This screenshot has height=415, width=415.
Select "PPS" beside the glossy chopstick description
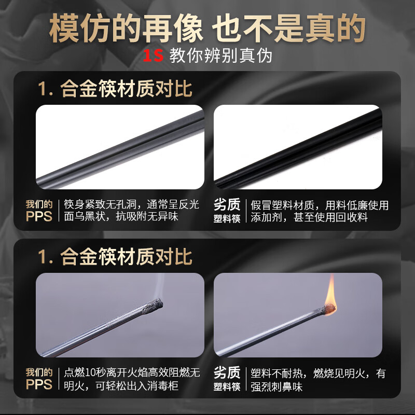[39, 216]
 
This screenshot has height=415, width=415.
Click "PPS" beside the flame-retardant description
[39, 384]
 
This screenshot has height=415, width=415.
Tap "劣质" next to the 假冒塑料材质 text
[227, 204]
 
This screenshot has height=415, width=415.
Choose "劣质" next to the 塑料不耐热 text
[227, 372]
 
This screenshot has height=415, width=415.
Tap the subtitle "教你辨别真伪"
[220, 56]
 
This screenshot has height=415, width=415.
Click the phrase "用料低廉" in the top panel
[344, 205]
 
